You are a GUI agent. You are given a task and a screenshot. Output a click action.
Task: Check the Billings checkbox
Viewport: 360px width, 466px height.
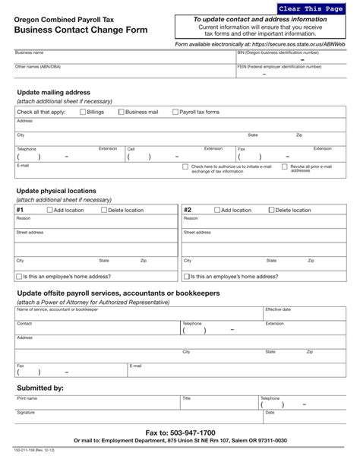83,112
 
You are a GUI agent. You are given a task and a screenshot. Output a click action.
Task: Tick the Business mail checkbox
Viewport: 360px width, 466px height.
122,112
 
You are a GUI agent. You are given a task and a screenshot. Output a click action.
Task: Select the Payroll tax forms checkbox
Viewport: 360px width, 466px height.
174,112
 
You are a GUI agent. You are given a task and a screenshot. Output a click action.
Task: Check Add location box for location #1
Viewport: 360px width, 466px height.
49,210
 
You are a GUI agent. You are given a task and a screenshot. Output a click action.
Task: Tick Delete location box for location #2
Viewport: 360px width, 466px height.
271,210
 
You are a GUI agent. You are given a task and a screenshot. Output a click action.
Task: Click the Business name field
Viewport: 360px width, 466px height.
122,58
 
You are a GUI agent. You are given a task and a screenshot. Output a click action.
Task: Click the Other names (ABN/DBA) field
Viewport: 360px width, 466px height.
122,71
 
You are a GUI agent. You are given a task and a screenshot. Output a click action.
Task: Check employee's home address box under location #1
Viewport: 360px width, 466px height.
19,277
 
